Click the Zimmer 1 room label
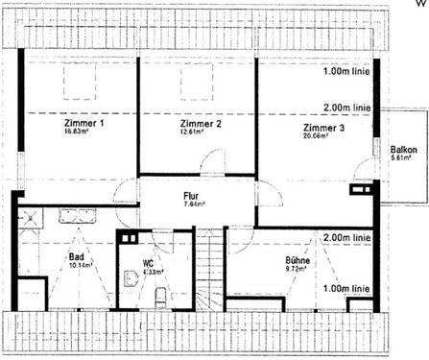pyautogui.click(x=84, y=125)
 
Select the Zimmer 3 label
pyautogui.click(x=322, y=127)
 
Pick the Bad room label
pyautogui.click(x=78, y=256)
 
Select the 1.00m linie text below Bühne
pyautogui.click(x=346, y=287)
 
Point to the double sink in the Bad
pyautogui.click(x=76, y=214)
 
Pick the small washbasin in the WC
pyautogui.click(x=128, y=278)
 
